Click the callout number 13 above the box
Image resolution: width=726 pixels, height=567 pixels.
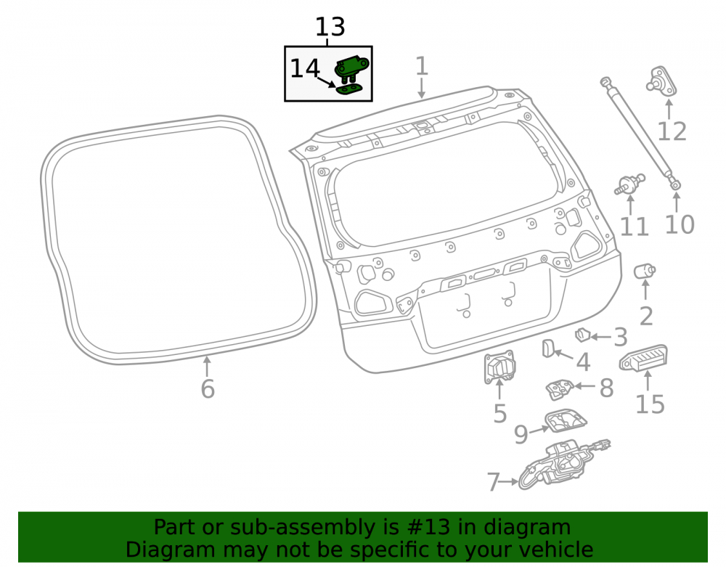coord(330,27)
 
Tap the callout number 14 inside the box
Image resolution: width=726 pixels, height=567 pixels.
coord(305,68)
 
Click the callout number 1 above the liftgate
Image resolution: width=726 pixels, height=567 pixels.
coord(421,66)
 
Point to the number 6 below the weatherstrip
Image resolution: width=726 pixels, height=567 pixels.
coord(208,389)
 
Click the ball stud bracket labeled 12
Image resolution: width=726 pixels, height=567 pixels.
coord(661,81)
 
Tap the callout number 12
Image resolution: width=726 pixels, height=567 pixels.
coord(672,132)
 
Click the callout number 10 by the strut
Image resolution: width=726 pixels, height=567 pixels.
coord(680,225)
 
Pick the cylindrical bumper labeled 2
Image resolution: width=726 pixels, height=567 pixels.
coord(645,272)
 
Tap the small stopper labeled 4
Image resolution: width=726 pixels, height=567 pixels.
coord(548,348)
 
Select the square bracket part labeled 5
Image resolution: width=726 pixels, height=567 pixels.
coord(499,367)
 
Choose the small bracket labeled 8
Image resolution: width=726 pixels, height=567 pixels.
coord(560,389)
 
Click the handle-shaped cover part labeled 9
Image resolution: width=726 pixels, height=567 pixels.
coord(566,420)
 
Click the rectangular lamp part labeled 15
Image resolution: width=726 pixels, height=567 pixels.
coord(643,358)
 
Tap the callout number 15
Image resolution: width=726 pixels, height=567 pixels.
coord(650,404)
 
